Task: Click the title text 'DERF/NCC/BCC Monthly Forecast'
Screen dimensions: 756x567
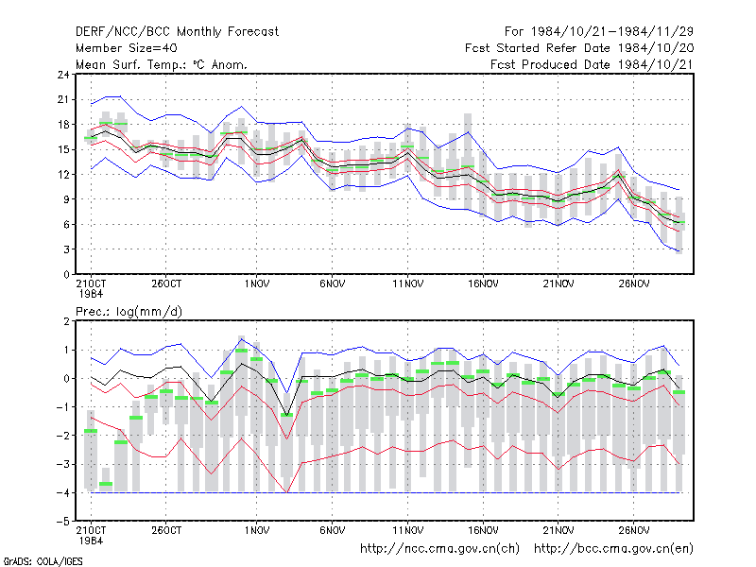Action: (177, 32)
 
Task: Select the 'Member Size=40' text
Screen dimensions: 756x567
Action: (127, 48)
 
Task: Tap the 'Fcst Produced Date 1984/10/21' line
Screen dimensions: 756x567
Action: (592, 64)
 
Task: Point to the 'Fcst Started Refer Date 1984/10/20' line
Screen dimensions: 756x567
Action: (579, 48)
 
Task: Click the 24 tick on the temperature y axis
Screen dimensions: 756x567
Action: (63, 75)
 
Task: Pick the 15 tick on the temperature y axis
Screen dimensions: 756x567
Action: (63, 149)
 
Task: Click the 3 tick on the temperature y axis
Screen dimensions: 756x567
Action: (66, 249)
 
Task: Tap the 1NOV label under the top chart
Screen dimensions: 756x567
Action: (256, 283)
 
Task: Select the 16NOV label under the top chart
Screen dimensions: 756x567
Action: (483, 283)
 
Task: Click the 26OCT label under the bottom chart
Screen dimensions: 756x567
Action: (166, 530)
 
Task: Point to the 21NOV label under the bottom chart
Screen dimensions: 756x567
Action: (558, 530)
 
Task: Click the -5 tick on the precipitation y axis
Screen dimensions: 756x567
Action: (63, 522)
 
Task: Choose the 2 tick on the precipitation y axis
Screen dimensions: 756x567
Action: (66, 321)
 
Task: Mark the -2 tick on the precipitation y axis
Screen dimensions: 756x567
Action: (63, 436)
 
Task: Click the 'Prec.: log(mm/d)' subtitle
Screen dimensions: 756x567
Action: (129, 312)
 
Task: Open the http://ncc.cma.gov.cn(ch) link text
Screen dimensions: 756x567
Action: (439, 549)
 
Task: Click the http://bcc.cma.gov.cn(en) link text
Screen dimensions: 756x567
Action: (613, 549)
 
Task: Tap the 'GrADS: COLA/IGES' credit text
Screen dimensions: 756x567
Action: (43, 561)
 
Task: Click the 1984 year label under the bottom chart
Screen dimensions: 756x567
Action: (91, 541)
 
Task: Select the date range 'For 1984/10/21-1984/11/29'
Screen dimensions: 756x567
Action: (599, 32)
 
